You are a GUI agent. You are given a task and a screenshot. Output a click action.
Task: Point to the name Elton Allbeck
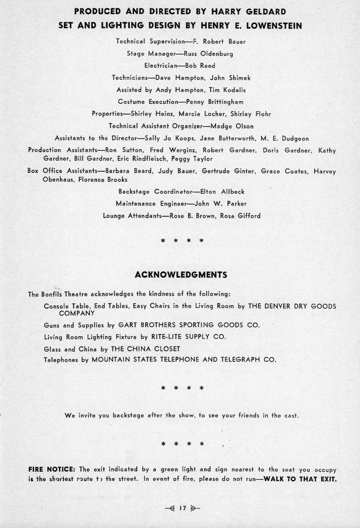228,192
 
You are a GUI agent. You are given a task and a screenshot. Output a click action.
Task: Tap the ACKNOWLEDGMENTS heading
180,275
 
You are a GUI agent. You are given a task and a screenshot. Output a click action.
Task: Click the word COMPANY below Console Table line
77,313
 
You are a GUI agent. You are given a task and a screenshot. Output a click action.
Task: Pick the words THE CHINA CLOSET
146,349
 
